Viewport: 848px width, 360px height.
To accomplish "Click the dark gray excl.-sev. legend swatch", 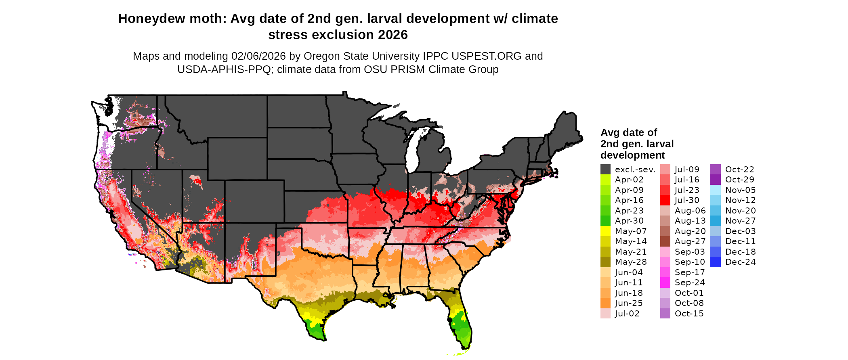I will (x=605, y=170).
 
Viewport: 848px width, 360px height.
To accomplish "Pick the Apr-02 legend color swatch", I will (x=605, y=180).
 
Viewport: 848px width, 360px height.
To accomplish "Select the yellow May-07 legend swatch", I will (x=605, y=231).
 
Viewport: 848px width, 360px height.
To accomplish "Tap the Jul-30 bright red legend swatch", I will (x=665, y=200).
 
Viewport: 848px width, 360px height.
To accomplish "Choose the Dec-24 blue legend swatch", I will (x=715, y=262).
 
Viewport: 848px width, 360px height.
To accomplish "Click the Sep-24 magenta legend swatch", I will (x=665, y=283).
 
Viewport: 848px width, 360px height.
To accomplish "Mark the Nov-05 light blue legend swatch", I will (x=715, y=190).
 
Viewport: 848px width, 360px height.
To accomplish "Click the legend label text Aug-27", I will (x=690, y=241).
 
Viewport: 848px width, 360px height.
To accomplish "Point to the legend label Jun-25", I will (x=629, y=303).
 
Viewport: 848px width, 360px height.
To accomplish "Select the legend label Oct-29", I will (x=739, y=180).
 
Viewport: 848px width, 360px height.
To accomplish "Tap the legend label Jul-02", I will (x=627, y=314).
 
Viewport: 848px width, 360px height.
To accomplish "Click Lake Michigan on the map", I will (x=412, y=153).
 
